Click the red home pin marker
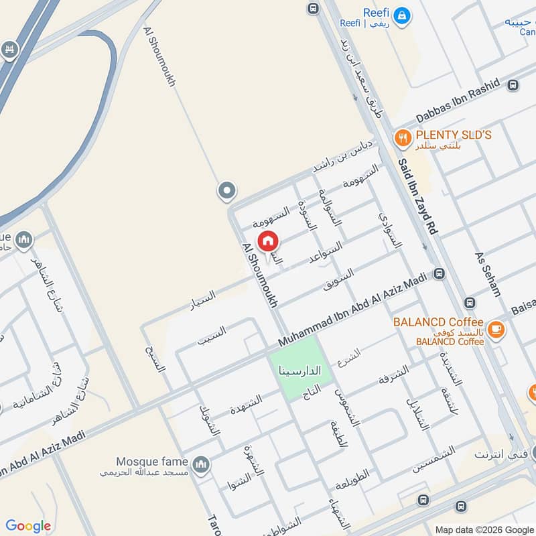(267, 241)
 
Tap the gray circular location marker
(226, 192)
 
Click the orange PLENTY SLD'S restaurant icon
(402, 138)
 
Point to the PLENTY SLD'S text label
(453, 135)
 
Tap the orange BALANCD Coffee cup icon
(496, 328)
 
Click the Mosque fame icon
(200, 464)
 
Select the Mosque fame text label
(152, 462)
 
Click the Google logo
(28, 526)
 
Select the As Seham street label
(487, 274)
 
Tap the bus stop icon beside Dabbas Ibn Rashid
(513, 85)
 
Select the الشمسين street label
(433, 460)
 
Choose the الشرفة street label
(393, 375)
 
